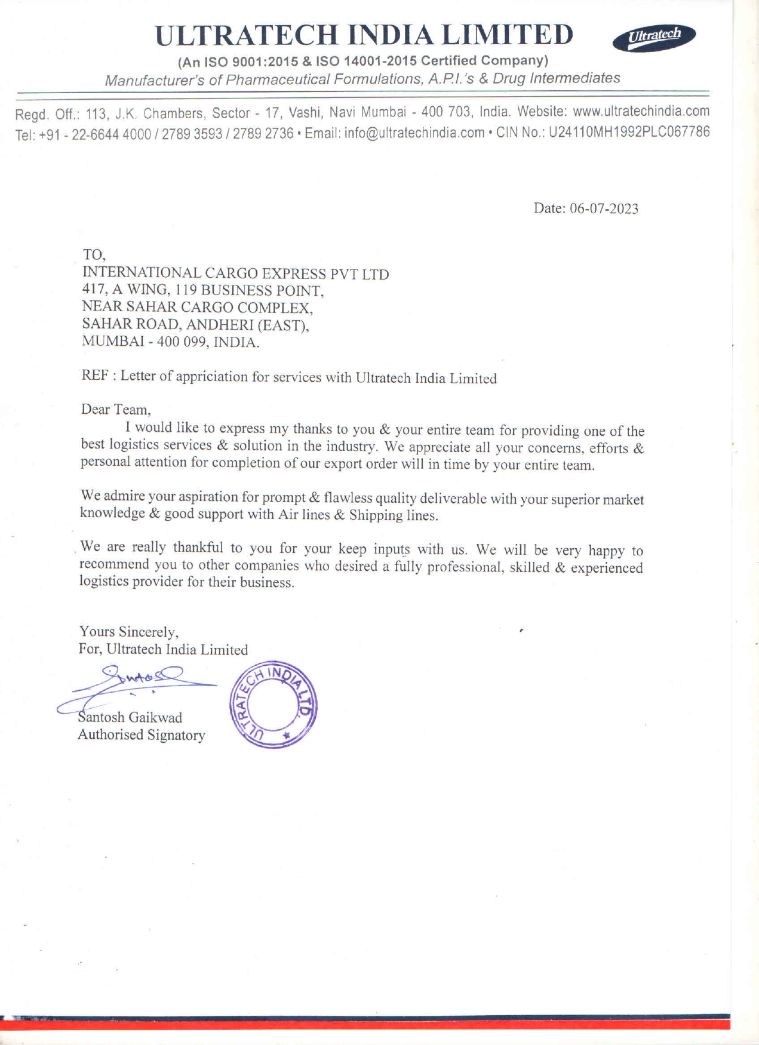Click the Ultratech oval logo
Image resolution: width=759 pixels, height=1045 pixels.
point(654,37)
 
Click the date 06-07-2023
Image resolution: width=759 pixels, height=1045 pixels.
point(604,208)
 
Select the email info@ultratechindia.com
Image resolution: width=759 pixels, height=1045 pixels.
point(414,133)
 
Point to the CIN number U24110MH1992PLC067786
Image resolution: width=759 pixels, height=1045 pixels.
point(629,132)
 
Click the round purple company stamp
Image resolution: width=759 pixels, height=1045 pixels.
point(273,705)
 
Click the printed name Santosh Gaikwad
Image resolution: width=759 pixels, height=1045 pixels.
point(131,717)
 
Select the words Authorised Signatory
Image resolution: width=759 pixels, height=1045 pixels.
point(142,735)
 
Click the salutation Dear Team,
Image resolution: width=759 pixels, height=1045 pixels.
point(116,410)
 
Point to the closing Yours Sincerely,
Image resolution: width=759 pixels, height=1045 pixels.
point(128,632)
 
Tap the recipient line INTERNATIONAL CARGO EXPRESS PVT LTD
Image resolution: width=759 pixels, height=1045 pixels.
point(235,273)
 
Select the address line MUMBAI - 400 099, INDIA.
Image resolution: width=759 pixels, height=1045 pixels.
point(170,342)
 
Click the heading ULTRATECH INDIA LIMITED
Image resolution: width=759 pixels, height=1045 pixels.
point(364,35)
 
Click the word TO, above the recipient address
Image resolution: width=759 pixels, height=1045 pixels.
point(94,255)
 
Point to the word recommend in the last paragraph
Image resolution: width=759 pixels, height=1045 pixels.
point(114,564)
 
